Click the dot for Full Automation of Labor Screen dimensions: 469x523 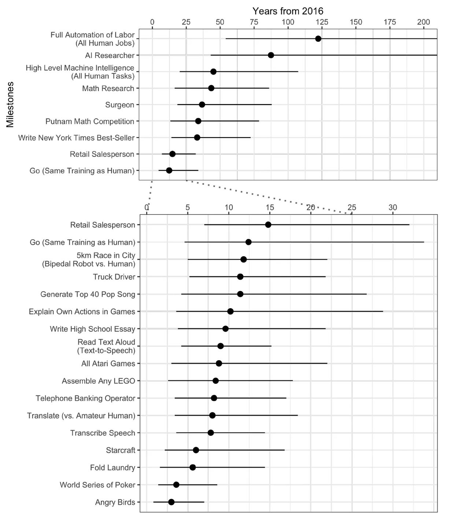tap(318, 39)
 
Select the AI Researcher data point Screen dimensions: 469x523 tap(271, 55)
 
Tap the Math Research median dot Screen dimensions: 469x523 tap(211, 88)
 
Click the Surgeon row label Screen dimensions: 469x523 tap(119, 105)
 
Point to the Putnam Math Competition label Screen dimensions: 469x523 tap(89, 121)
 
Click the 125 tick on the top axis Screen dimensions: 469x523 tap(322, 22)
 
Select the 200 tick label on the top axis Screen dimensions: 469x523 tap(424, 22)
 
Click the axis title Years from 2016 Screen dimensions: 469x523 tap(288, 11)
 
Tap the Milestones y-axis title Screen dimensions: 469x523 tap(10, 104)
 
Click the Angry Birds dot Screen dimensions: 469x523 tap(171, 502)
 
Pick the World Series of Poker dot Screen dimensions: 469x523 tap(176, 485)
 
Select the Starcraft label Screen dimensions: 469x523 tap(121, 450)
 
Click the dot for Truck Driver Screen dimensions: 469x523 tap(240, 277)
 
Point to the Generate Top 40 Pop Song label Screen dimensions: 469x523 tap(88, 294)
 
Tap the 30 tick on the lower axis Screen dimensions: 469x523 tap(393, 207)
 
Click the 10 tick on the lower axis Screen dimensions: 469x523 tap(229, 207)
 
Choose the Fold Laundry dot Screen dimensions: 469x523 tap(193, 467)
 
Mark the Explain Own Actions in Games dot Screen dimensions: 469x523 tap(230, 311)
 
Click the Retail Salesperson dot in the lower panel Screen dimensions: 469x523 tap(268, 225)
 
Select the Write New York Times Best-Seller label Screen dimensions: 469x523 tap(77, 138)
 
